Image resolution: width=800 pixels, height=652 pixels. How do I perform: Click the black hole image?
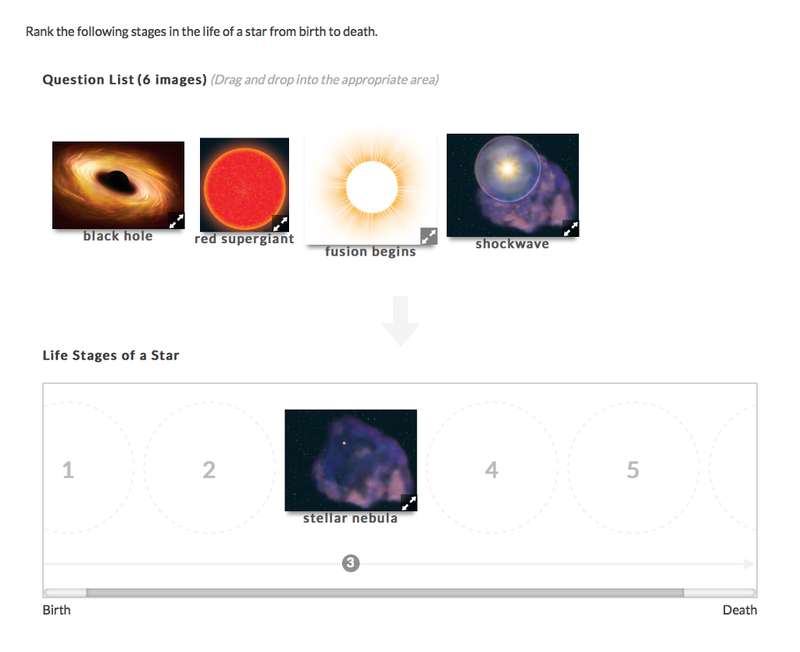pos(117,184)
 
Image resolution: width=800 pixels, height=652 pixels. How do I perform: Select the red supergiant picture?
pos(244,184)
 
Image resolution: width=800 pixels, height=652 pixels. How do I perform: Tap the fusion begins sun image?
pos(371,188)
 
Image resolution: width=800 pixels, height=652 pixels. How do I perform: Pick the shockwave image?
pos(512,184)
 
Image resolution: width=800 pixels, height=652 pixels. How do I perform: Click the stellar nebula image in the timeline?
pos(350,460)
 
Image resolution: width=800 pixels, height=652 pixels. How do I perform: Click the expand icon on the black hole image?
pos(177,221)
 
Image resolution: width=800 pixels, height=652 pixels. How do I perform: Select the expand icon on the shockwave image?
pos(571,228)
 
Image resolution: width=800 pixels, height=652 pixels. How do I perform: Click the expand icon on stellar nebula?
pos(409,503)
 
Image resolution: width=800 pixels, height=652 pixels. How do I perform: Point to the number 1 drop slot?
pos(69,470)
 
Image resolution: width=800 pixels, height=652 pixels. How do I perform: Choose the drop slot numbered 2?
pos(209,469)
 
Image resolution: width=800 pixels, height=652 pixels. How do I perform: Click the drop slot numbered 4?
pos(491,469)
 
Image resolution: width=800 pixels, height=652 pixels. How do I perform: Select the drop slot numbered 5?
pos(633,469)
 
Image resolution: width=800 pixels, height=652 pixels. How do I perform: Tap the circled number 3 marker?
pos(351,563)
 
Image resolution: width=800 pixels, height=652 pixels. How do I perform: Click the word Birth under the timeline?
pos(56,610)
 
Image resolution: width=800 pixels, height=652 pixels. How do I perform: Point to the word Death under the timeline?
pos(739,610)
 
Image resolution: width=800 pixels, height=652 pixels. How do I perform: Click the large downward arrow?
pos(401,321)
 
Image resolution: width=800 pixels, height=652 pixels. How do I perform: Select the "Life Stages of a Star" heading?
pos(111,356)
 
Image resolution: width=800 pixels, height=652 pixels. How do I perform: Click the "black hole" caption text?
pos(118,236)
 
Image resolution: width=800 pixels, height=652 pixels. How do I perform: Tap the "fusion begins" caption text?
pos(370,252)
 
